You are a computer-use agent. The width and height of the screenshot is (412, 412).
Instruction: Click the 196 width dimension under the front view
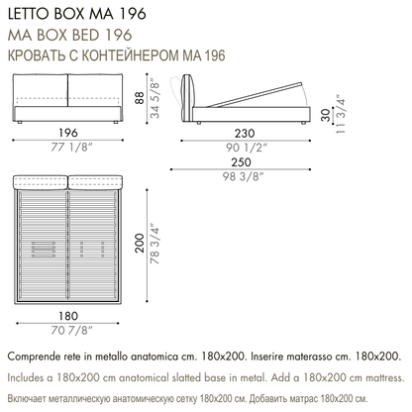tap(68, 133)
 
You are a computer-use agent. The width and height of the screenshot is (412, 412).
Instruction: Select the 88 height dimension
tap(140, 98)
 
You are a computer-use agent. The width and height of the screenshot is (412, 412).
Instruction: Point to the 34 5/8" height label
tap(154, 98)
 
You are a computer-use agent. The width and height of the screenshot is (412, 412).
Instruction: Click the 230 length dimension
tap(245, 134)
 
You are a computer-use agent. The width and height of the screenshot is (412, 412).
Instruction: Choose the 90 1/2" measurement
tap(246, 148)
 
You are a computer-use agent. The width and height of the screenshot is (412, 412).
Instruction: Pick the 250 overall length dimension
tap(241, 162)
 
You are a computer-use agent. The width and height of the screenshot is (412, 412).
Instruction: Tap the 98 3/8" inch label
tap(243, 176)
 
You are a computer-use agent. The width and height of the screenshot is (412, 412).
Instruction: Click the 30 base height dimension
tap(326, 115)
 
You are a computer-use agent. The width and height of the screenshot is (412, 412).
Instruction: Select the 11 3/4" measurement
tap(341, 115)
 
